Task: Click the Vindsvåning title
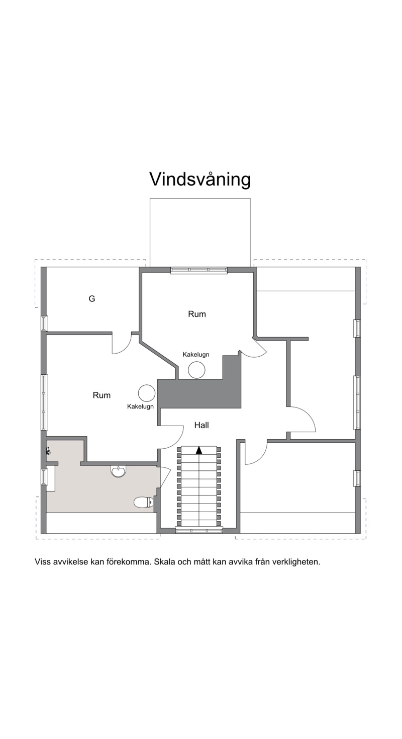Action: pyautogui.click(x=200, y=180)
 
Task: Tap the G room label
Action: pyautogui.click(x=92, y=299)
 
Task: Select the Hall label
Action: pyautogui.click(x=202, y=425)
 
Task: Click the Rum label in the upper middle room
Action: pyautogui.click(x=197, y=314)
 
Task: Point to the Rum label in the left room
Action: pyautogui.click(x=102, y=395)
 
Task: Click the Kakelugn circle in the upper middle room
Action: pyautogui.click(x=196, y=370)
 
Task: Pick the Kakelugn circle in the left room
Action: pyautogui.click(x=147, y=393)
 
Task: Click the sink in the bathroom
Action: pyautogui.click(x=118, y=471)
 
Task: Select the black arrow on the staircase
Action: pyautogui.click(x=198, y=450)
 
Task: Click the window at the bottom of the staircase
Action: pyautogui.click(x=198, y=530)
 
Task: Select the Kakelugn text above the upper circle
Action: pyautogui.click(x=196, y=355)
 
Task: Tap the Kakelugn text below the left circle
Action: pyautogui.click(x=140, y=406)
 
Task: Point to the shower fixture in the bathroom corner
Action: pyautogui.click(x=48, y=451)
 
